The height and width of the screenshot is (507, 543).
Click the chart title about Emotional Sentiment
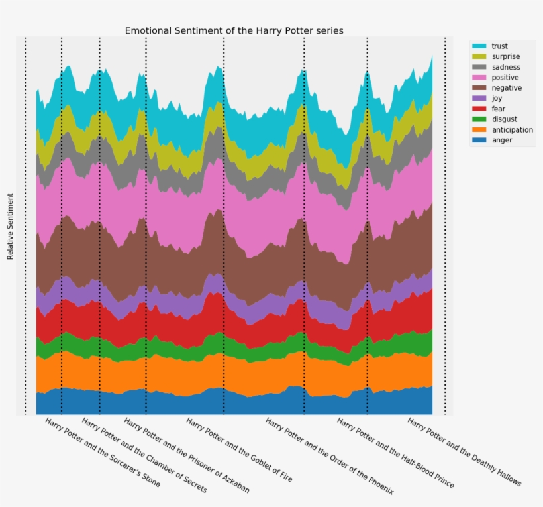(x=234, y=30)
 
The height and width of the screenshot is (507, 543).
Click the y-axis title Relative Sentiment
(x=11, y=227)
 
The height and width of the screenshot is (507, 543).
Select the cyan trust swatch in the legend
(x=479, y=46)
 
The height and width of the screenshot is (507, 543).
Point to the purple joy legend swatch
(x=479, y=99)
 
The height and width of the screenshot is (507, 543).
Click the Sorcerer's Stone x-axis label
(x=103, y=453)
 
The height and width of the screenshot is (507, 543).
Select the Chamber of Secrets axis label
(x=144, y=455)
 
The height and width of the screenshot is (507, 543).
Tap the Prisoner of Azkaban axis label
(x=187, y=455)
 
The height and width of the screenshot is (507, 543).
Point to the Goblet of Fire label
(x=238, y=450)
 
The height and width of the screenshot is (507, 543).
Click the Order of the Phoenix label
(x=329, y=456)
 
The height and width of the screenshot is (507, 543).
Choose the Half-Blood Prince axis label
(x=395, y=453)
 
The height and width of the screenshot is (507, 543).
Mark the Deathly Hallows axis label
(x=464, y=453)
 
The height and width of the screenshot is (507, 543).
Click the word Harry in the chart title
(x=266, y=30)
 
